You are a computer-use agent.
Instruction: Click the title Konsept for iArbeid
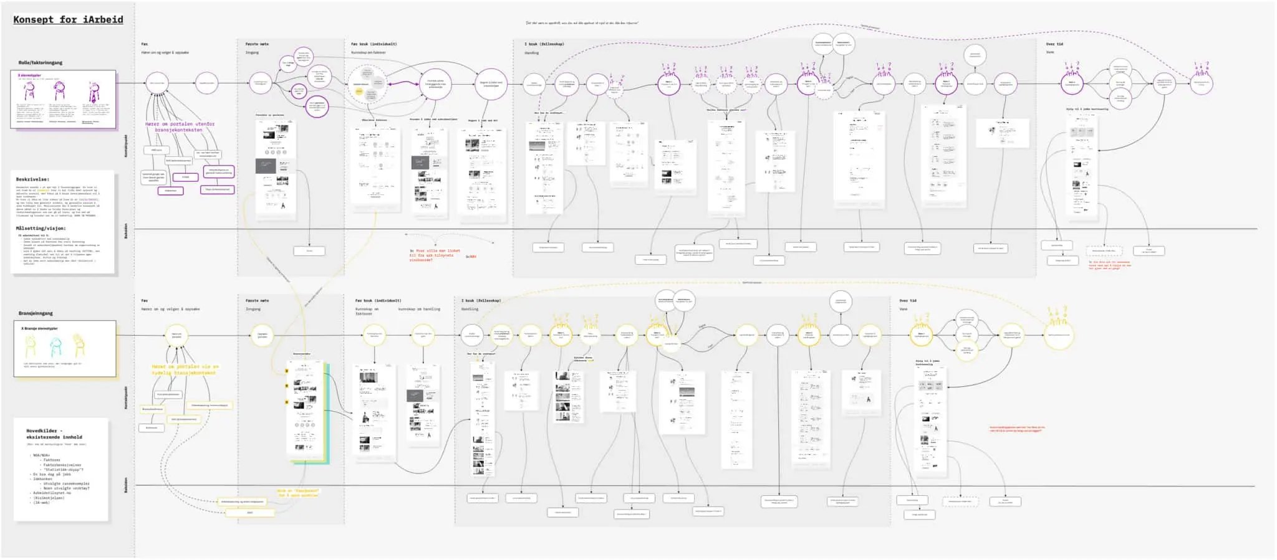tap(68, 19)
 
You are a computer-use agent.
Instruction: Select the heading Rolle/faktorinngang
tap(41, 62)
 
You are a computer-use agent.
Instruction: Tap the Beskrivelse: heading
tap(32, 179)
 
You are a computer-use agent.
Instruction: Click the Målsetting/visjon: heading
tap(40, 228)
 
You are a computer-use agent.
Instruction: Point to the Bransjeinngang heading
tap(36, 313)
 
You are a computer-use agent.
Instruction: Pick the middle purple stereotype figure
tap(59, 92)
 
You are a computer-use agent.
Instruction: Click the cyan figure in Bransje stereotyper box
tap(56, 346)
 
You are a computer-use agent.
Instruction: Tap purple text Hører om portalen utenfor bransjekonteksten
tap(180, 126)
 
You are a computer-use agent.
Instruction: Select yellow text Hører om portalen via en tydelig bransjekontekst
tap(185, 369)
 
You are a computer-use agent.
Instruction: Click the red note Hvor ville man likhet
tap(435, 254)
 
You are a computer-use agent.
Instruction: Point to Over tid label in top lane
tap(1054, 44)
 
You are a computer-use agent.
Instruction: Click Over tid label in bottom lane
tap(908, 300)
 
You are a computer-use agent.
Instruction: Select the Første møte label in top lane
tap(256, 44)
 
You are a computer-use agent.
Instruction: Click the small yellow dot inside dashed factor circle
tap(359, 92)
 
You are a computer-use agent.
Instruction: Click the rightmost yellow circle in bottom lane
tap(1058, 335)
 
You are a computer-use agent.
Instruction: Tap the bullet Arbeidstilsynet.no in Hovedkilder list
tap(52, 493)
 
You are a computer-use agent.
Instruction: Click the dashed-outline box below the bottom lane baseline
tap(960, 501)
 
